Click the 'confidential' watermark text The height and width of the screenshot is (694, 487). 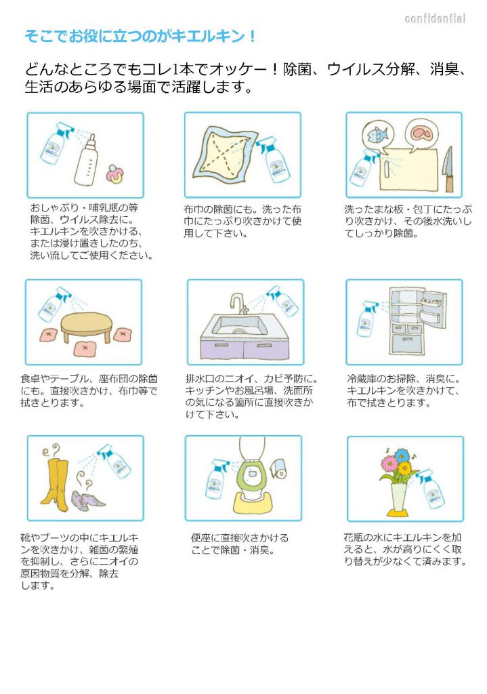(435, 18)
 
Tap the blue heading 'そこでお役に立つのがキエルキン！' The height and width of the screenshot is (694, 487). (140, 36)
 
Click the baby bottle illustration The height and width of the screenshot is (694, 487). (86, 160)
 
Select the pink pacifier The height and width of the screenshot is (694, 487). (114, 174)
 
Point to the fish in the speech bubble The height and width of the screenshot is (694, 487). (377, 133)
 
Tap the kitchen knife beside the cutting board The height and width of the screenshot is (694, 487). (448, 169)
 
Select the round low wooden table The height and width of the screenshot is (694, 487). (86, 327)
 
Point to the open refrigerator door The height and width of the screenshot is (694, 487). (433, 308)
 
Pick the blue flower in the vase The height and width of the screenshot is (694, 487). (402, 455)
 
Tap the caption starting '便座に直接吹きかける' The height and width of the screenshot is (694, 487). (240, 544)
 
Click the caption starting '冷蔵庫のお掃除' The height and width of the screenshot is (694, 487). (404, 391)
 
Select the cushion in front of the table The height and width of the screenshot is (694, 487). (87, 348)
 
